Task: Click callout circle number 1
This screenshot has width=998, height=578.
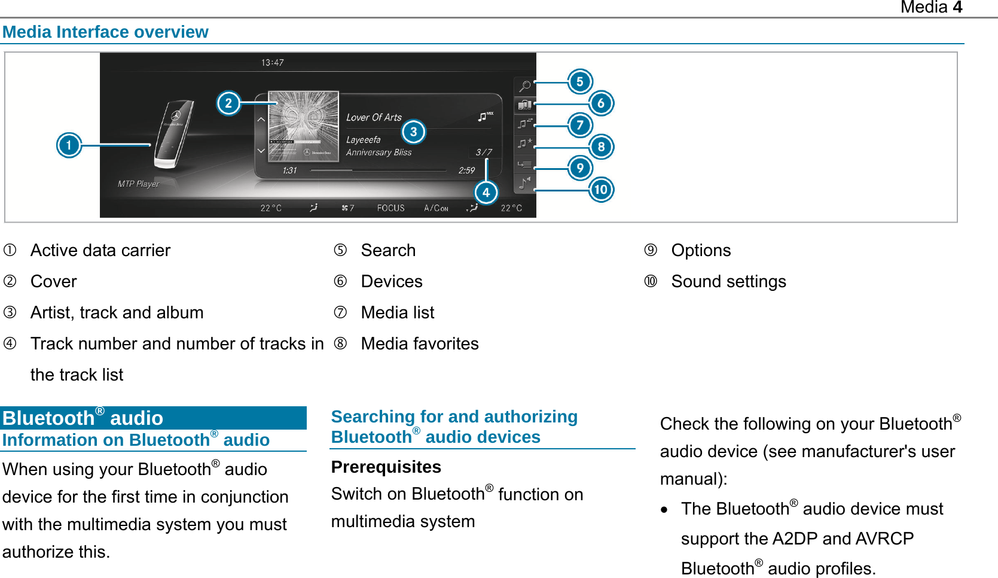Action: click(x=69, y=145)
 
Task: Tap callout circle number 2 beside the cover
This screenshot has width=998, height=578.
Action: click(x=228, y=104)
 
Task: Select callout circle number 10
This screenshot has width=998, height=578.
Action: click(x=601, y=190)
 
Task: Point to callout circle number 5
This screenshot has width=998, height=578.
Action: click(x=579, y=82)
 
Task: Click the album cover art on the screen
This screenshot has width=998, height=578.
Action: click(x=303, y=126)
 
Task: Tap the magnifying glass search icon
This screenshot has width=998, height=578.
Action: click(x=524, y=86)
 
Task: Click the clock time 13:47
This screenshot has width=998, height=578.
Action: click(x=273, y=63)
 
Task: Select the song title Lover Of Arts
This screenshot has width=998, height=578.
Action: click(x=374, y=118)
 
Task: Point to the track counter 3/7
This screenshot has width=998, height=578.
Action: click(x=484, y=153)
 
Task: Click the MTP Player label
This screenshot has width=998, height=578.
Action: click(x=138, y=184)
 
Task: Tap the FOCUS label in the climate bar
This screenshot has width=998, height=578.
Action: click(x=390, y=208)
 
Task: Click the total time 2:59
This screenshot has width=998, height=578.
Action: click(x=466, y=171)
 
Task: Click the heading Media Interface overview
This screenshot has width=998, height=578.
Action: click(x=105, y=32)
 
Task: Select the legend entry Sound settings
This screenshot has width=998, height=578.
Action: click(x=728, y=281)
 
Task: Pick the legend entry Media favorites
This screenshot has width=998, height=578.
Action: click(x=420, y=343)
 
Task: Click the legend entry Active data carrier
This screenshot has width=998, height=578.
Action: click(x=100, y=250)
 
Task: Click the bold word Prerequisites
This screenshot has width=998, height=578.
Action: click(x=386, y=467)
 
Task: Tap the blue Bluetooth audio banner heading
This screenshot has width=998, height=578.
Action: click(x=83, y=418)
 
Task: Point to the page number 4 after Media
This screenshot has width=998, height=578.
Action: click(x=957, y=7)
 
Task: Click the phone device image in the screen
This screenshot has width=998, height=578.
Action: click(x=174, y=135)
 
